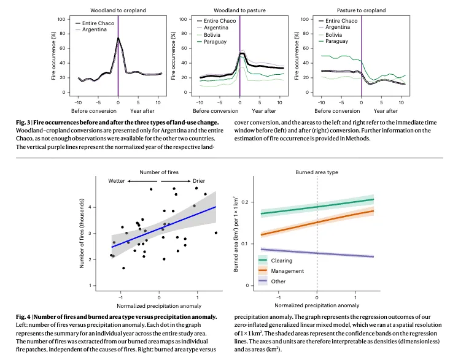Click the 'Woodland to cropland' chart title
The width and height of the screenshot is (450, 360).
(118, 10)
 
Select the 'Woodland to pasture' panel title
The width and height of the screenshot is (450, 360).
(239, 10)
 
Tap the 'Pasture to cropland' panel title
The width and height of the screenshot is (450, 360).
(361, 10)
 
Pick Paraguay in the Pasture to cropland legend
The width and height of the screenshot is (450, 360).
(336, 41)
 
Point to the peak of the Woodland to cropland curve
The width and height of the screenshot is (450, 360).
(118, 38)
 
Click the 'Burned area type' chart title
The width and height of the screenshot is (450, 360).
(316, 173)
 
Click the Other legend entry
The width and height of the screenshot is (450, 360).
(278, 281)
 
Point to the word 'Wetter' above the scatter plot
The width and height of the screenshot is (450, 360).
(117, 182)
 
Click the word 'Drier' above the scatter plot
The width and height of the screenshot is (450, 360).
(199, 182)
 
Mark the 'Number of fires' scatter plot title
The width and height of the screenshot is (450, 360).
(159, 172)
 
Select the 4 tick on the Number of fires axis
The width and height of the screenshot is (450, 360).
(90, 207)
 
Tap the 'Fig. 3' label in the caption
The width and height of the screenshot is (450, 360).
(23, 123)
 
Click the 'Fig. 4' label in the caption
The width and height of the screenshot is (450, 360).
(23, 316)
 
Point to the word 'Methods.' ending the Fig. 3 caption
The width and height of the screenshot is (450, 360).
(359, 139)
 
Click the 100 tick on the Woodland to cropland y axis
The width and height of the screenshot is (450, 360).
(62, 19)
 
